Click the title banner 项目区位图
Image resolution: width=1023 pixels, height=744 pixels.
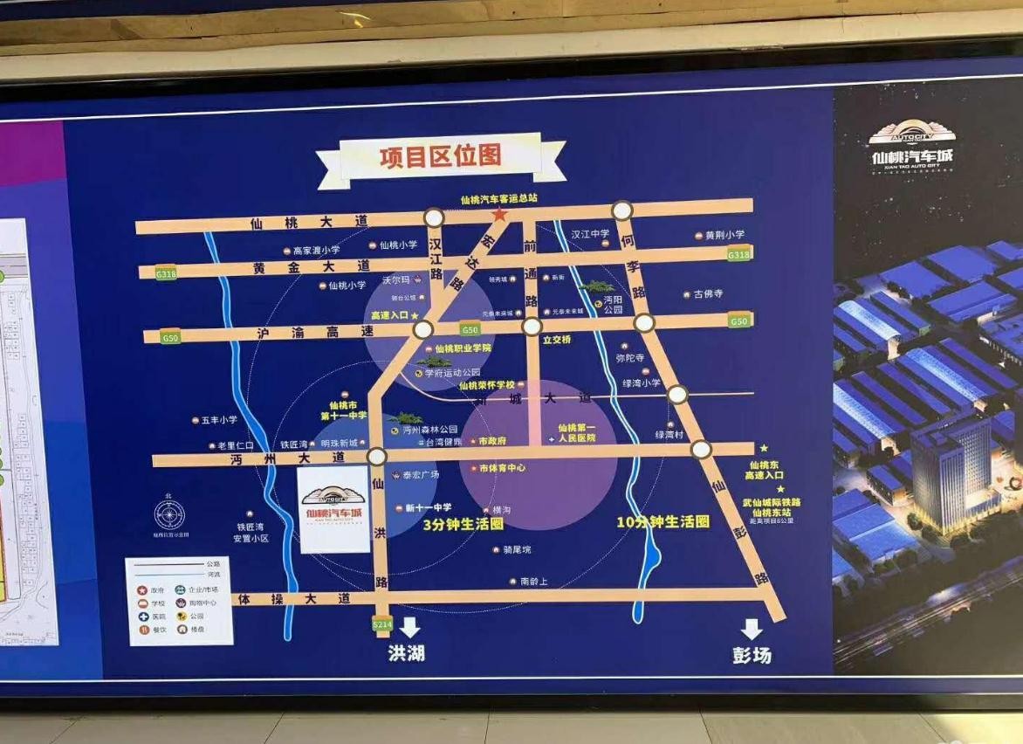tap(441, 157)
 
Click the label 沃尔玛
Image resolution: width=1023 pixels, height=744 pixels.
tap(395, 281)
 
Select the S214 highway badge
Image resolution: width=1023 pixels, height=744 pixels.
tap(382, 623)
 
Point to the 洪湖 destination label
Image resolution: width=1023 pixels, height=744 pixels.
tap(406, 653)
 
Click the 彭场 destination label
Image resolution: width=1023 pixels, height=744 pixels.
tap(752, 655)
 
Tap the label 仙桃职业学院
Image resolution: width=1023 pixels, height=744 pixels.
tap(463, 348)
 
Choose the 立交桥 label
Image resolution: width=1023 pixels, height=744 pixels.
tap(556, 340)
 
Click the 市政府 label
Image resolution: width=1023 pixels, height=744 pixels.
tap(492, 441)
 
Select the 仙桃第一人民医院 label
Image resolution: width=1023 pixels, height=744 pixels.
tap(576, 432)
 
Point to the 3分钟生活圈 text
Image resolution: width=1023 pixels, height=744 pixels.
tap(463, 525)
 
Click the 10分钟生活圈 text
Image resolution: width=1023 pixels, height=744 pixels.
tap(663, 521)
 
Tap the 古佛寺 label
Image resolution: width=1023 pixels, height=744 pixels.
tap(708, 294)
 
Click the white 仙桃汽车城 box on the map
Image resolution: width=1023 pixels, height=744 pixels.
tap(334, 510)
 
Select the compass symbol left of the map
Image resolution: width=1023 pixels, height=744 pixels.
tap(169, 514)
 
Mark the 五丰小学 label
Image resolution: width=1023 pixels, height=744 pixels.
tap(218, 420)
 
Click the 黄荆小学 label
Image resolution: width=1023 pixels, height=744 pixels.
tap(725, 235)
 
